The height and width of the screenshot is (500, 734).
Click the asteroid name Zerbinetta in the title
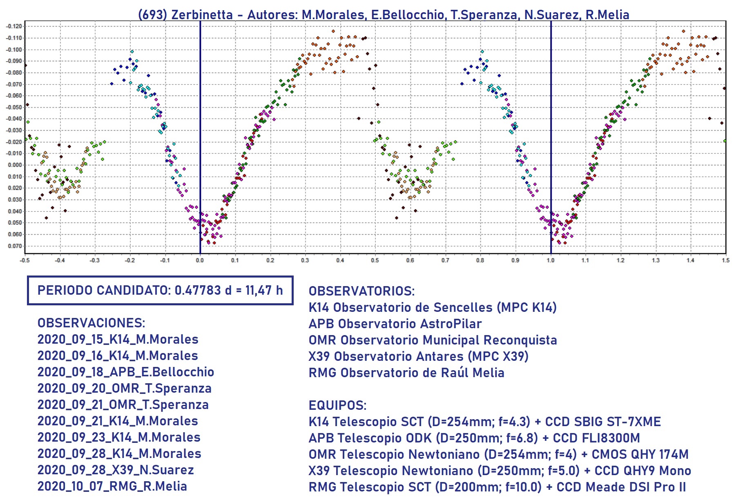click(x=202, y=15)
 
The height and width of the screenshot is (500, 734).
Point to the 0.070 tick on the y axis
click(x=15, y=246)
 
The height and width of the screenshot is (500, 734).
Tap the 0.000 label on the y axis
click(x=15, y=165)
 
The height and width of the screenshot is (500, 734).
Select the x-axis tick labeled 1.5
click(x=725, y=260)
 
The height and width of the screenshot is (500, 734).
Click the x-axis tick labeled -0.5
click(x=25, y=260)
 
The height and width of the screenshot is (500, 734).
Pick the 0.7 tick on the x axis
click(x=445, y=260)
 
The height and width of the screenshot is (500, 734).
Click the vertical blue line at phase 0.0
click(x=200, y=122)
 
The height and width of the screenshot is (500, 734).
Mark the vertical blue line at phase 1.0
click(x=551, y=122)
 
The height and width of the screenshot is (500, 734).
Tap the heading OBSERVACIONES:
click(x=91, y=323)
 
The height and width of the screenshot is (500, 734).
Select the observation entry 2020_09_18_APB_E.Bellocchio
click(x=125, y=372)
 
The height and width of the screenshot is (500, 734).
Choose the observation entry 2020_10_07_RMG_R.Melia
click(x=112, y=486)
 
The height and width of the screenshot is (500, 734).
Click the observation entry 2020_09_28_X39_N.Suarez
click(x=115, y=470)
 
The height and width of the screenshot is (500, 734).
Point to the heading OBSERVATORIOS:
click(x=361, y=291)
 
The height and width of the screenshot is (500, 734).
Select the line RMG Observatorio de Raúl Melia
click(x=406, y=373)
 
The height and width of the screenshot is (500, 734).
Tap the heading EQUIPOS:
click(x=337, y=405)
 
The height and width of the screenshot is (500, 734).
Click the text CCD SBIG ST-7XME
click(x=603, y=422)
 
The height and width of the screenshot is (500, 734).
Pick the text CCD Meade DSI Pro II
click(x=621, y=487)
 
